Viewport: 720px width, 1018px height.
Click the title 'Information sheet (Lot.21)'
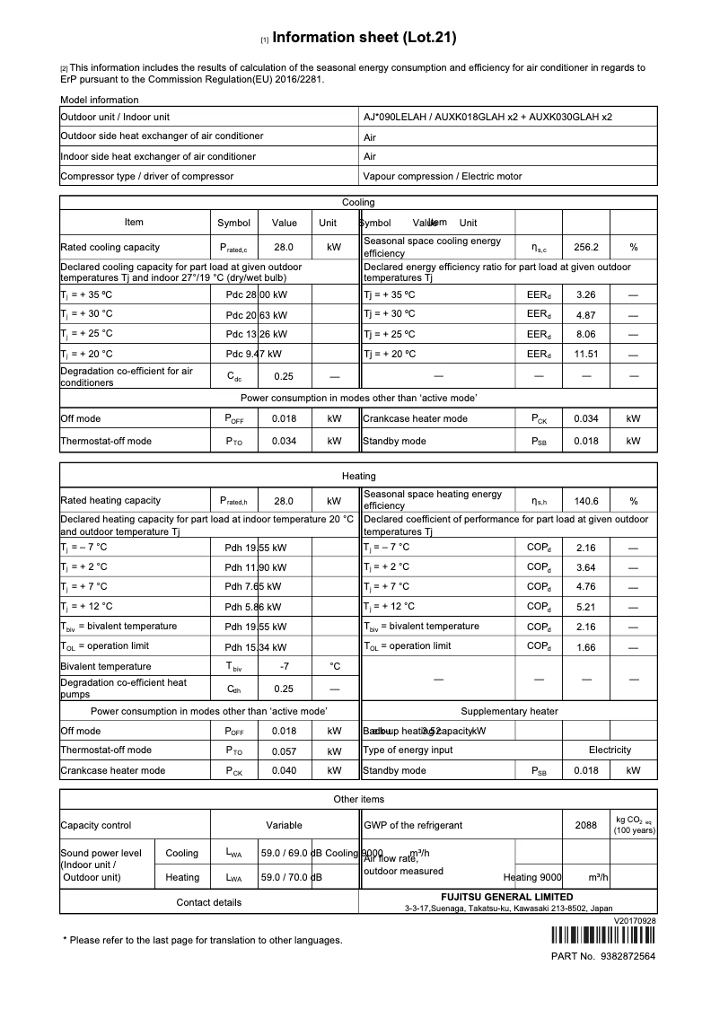[x=364, y=38]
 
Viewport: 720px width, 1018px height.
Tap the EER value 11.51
[x=585, y=354]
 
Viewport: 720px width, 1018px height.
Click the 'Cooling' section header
[x=358, y=203]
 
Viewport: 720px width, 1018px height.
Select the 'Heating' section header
[x=358, y=476]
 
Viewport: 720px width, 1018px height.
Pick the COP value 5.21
[x=585, y=607]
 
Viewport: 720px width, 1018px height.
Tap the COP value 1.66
[x=585, y=646]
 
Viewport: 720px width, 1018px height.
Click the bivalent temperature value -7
[x=284, y=666]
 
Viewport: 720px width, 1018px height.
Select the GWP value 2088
[x=585, y=825]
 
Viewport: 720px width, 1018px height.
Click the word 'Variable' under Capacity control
[x=284, y=825]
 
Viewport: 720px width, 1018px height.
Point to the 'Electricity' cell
[x=610, y=750]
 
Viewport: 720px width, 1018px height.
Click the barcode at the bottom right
[x=602, y=937]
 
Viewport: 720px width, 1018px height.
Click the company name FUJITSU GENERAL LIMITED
[x=508, y=897]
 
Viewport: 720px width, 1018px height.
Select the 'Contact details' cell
[x=208, y=902]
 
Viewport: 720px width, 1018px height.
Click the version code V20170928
[x=635, y=920]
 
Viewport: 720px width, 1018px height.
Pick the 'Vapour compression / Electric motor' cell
[x=443, y=176]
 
